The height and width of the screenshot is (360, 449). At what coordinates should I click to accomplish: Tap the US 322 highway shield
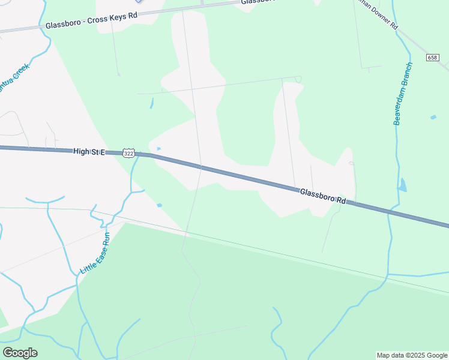pyautogui.click(x=128, y=154)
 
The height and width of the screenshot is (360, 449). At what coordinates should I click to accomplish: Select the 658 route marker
pyautogui.click(x=433, y=58)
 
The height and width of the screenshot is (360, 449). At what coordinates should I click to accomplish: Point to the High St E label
pyautogui.click(x=89, y=152)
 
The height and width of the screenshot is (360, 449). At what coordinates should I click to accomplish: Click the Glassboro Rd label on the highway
pyautogui.click(x=323, y=196)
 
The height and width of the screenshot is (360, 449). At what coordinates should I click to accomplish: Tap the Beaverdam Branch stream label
pyautogui.click(x=403, y=94)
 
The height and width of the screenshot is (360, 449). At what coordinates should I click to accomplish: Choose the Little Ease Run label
pyautogui.click(x=94, y=254)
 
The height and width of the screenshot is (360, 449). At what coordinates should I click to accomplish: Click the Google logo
pyautogui.click(x=20, y=353)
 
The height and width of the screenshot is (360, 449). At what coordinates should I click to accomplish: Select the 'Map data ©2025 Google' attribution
pyautogui.click(x=411, y=355)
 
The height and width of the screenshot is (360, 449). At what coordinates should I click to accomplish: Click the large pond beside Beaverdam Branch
pyautogui.click(x=402, y=185)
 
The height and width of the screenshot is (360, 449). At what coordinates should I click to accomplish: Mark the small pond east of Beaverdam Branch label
pyautogui.click(x=433, y=117)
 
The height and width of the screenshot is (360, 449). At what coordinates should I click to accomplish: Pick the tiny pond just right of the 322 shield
pyautogui.click(x=158, y=149)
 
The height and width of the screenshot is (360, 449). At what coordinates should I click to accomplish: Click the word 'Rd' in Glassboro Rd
pyautogui.click(x=341, y=201)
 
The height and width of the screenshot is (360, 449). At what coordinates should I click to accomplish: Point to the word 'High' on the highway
pyautogui.click(x=81, y=152)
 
